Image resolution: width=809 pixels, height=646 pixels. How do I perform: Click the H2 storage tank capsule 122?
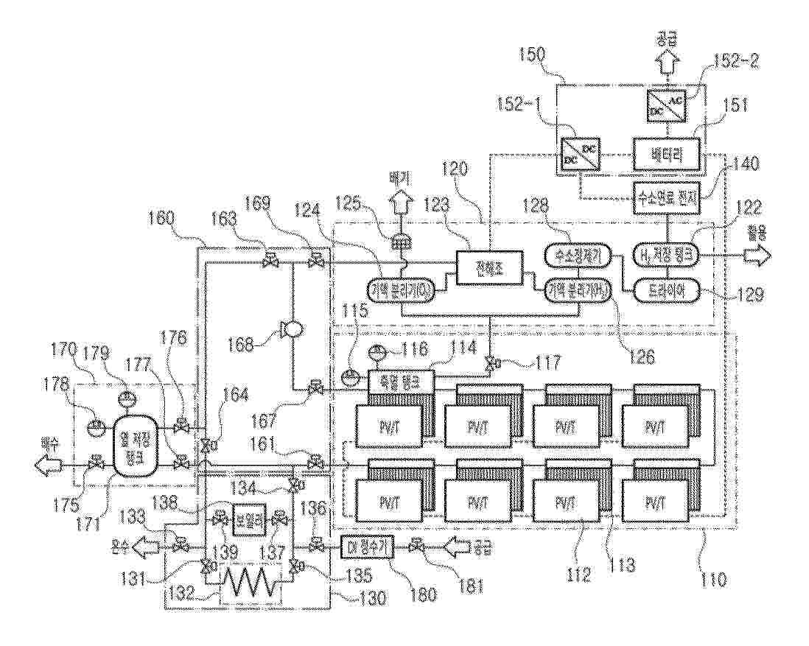[667, 256]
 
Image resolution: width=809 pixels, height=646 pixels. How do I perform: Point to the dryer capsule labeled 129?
[667, 291]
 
